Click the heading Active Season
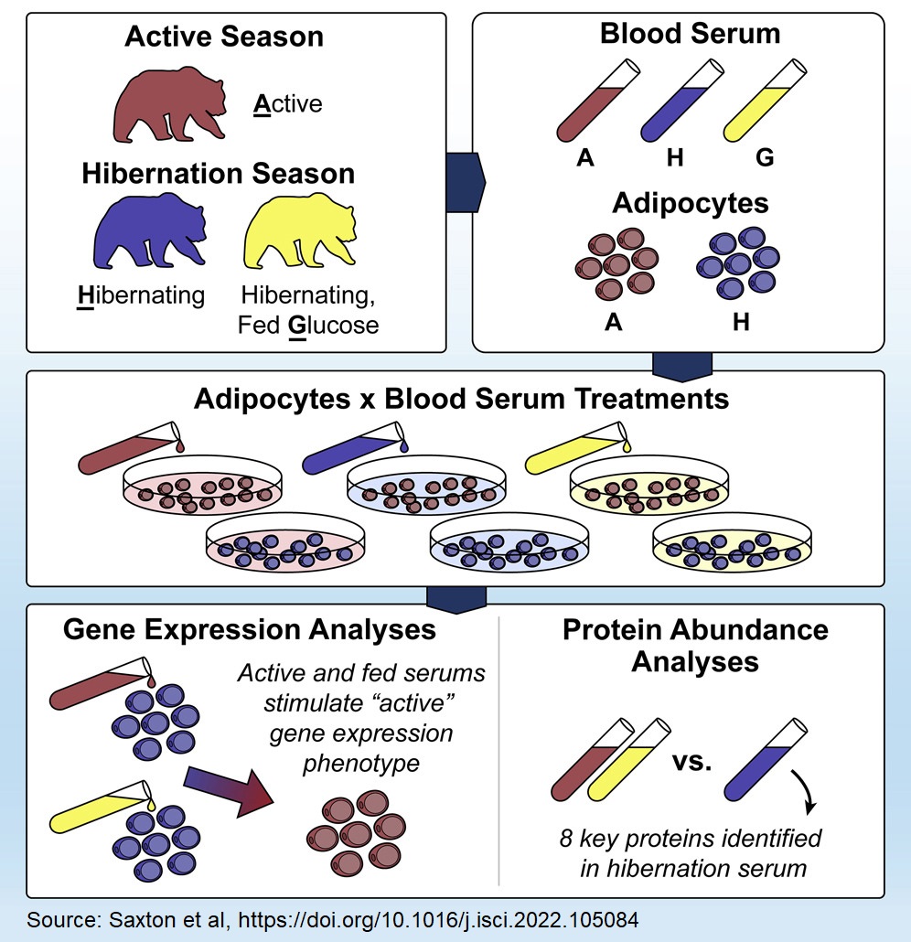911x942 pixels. pos(224,37)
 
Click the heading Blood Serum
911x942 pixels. pos(690,35)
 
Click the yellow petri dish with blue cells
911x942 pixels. pos(733,548)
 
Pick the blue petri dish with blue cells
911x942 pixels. pos(507,548)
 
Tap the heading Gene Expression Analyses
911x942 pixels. pos(249,629)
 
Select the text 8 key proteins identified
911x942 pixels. pos(690,838)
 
